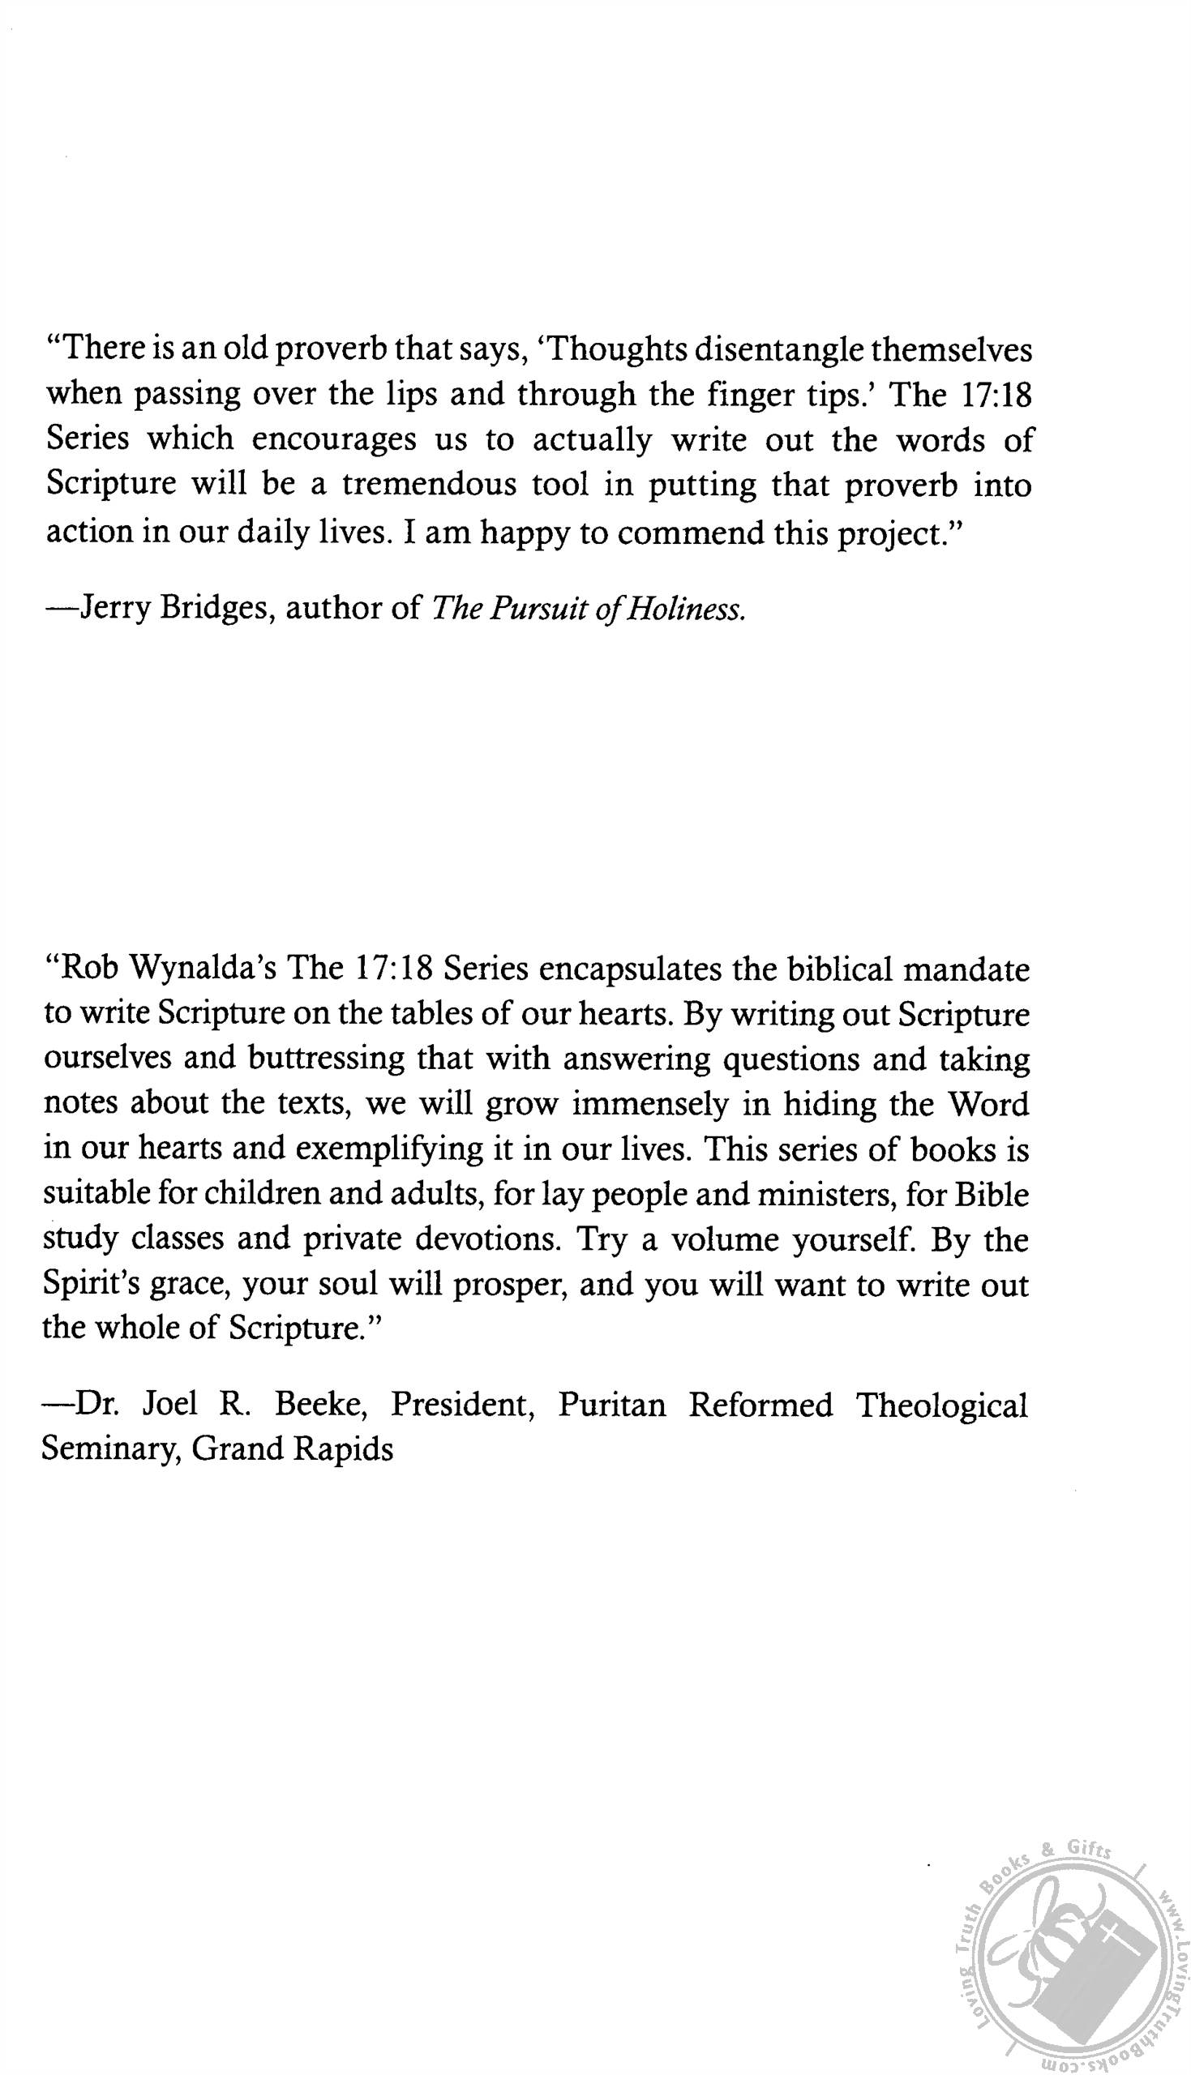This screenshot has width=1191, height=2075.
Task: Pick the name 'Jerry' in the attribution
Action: tap(113, 610)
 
